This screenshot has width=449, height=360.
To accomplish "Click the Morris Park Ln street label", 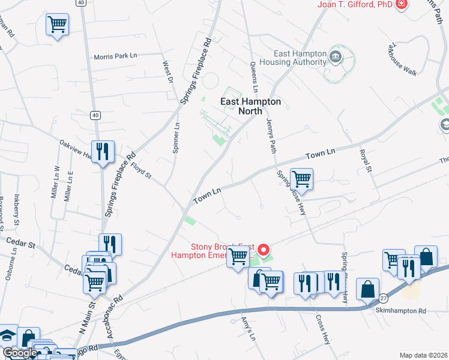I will [x=116, y=56].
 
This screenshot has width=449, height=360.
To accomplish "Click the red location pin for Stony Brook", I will [x=263, y=249].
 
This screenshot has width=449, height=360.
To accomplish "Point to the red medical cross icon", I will [x=401, y=5].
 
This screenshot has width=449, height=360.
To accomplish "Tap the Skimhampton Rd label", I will [x=400, y=311].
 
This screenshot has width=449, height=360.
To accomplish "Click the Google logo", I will [x=19, y=353].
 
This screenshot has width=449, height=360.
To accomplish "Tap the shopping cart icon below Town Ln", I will [x=301, y=178].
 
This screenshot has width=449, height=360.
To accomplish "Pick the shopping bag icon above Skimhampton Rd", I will [x=367, y=289].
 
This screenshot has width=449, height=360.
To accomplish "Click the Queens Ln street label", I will [x=254, y=72].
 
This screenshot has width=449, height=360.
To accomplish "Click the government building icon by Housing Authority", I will [x=335, y=58].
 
